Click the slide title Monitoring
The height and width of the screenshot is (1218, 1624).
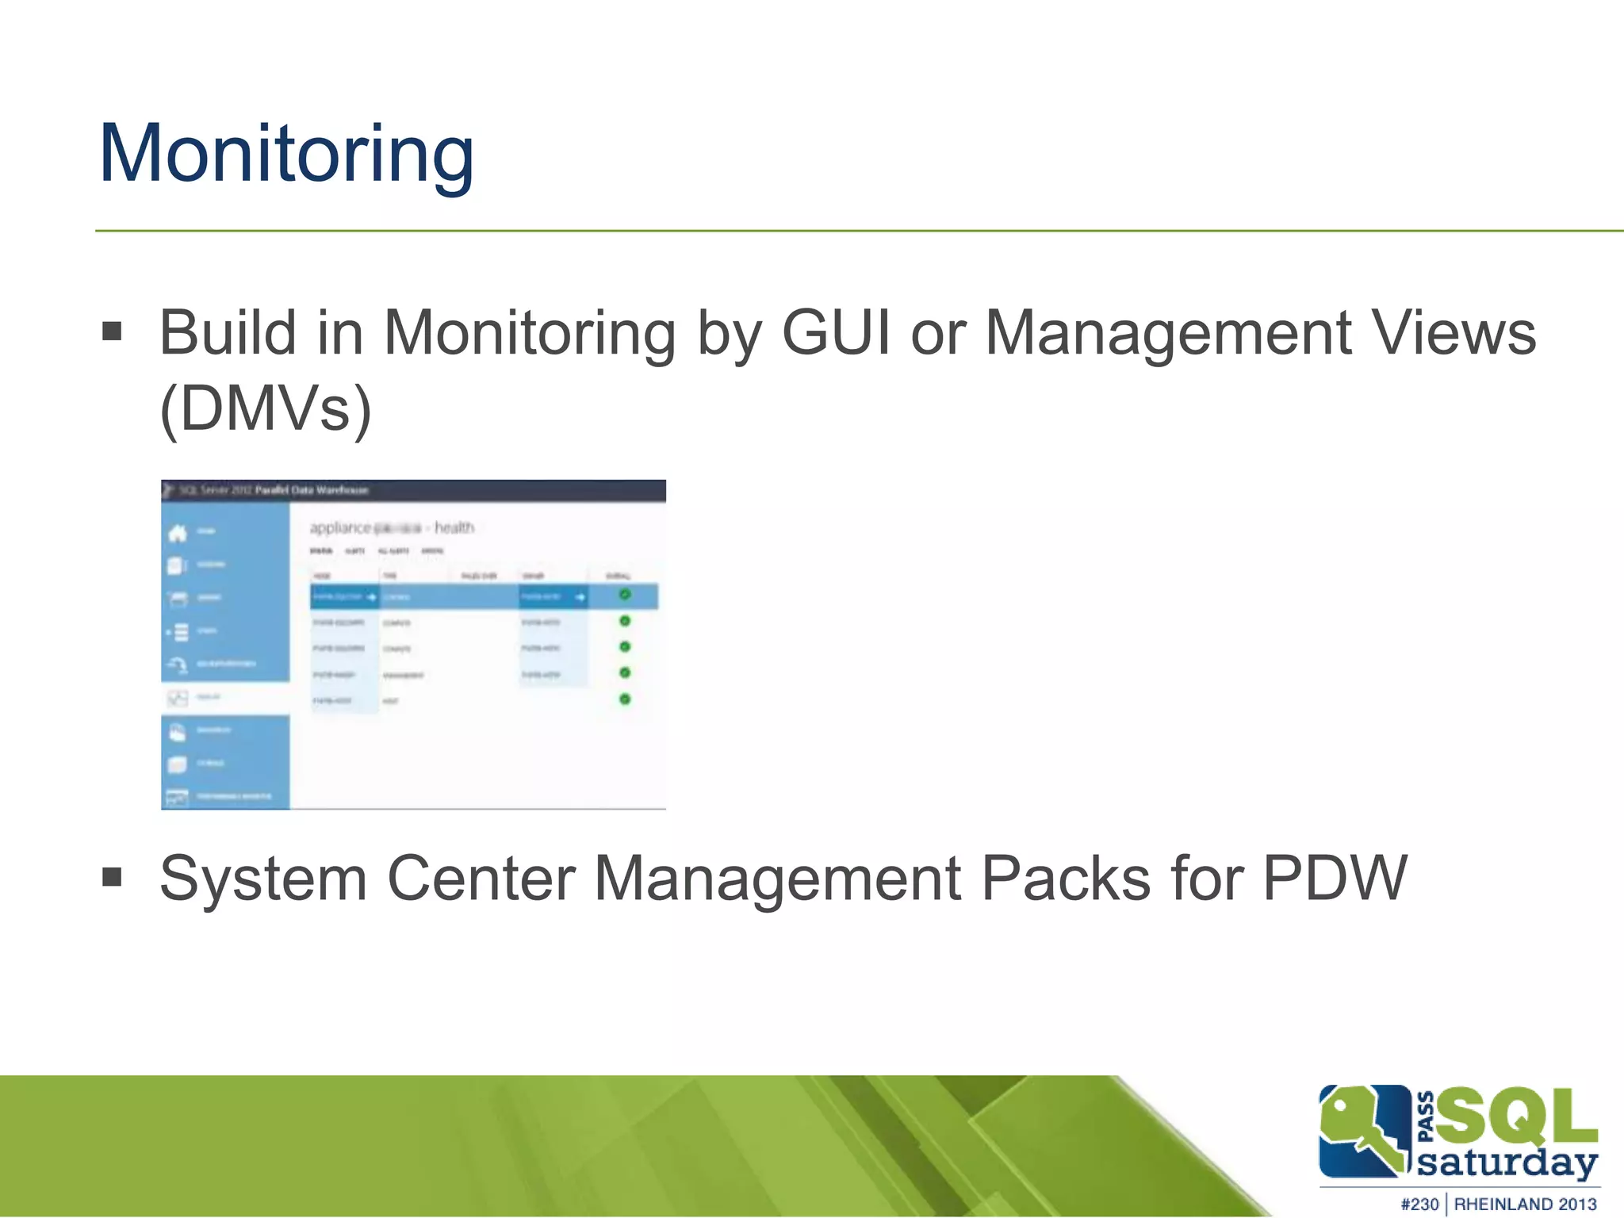click(x=286, y=155)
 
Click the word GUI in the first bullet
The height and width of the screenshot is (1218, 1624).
click(x=836, y=333)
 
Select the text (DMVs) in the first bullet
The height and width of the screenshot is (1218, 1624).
click(x=266, y=408)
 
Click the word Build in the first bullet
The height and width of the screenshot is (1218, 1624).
click(x=228, y=333)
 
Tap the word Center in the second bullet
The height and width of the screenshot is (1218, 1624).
click(x=481, y=879)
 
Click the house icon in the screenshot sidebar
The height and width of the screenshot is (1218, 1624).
click(x=178, y=533)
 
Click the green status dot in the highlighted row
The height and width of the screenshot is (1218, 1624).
click(x=625, y=595)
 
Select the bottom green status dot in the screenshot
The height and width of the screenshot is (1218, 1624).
click(x=625, y=699)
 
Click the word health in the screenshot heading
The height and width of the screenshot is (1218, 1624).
click(x=454, y=527)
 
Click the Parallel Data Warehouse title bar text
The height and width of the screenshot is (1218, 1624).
click(x=312, y=490)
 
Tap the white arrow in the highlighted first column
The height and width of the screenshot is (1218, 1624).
click(x=371, y=596)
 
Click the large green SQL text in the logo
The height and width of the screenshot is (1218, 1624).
click(x=1516, y=1117)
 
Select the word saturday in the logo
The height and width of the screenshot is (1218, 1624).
click(x=1506, y=1162)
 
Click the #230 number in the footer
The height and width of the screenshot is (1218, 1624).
click(x=1419, y=1204)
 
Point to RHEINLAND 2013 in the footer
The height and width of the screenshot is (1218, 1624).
click(x=1524, y=1204)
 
